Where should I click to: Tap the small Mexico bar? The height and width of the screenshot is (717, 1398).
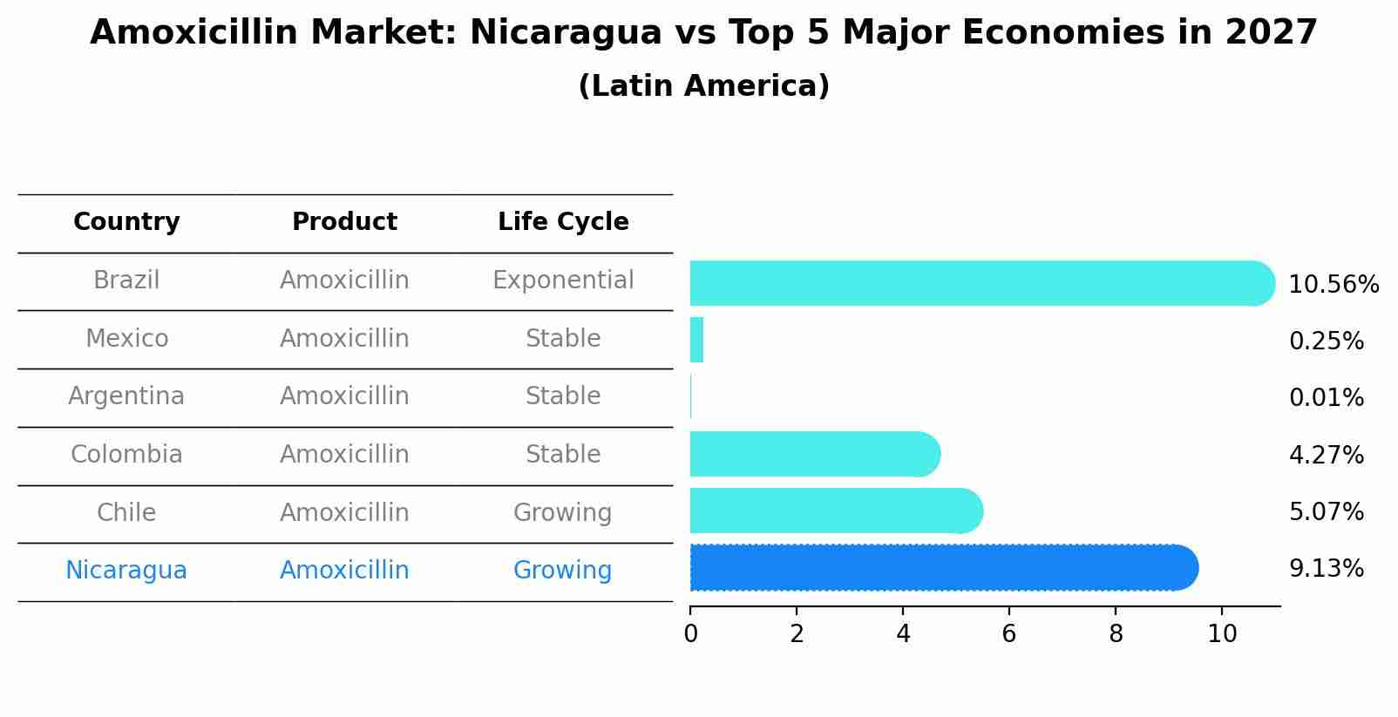click(x=696, y=340)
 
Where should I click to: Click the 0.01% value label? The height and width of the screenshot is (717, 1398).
click(x=1326, y=398)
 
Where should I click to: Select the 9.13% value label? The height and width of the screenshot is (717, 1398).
click(x=1326, y=569)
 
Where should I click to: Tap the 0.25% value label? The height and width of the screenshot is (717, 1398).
click(x=1326, y=342)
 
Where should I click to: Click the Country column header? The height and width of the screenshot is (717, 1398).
click(x=126, y=222)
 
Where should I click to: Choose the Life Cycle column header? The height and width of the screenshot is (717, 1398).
click(x=563, y=222)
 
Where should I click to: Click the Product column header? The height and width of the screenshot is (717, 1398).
click(x=344, y=222)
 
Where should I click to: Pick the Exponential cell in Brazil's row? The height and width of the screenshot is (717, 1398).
click(x=563, y=281)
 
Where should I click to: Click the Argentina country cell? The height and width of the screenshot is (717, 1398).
click(x=126, y=396)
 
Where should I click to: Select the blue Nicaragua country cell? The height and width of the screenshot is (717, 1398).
click(x=126, y=571)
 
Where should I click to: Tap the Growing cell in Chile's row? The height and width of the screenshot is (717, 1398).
click(x=563, y=513)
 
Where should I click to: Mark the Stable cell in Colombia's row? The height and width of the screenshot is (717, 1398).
click(x=563, y=455)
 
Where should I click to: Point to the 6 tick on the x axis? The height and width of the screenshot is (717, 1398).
click(x=1009, y=634)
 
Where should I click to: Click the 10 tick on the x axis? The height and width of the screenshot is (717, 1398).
click(x=1222, y=634)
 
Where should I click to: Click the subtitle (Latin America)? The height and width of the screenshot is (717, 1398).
click(x=703, y=86)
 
